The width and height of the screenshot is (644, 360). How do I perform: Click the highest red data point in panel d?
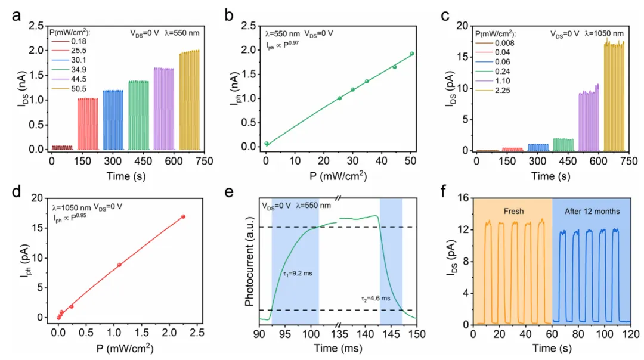[x=182, y=216]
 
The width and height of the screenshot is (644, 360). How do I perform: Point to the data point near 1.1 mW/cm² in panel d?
[x=119, y=265]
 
